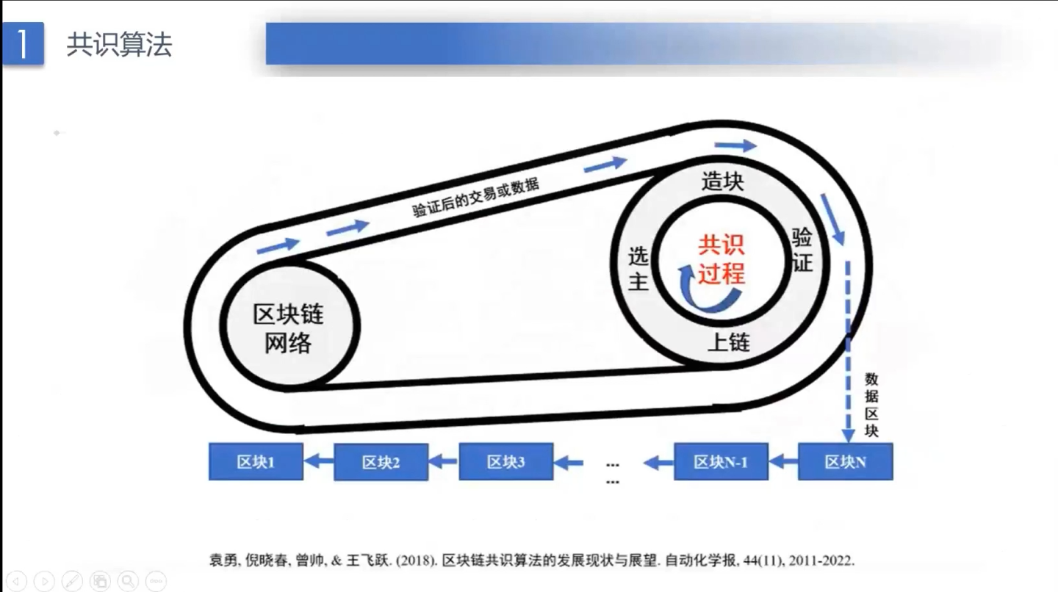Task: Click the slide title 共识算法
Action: [119, 45]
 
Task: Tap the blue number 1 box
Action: [23, 44]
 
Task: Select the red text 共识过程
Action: [721, 259]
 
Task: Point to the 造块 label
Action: [722, 181]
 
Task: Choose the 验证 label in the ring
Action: [802, 249]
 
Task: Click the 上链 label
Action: [728, 342]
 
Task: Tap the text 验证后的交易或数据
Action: [475, 197]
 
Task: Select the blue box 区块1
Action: [256, 462]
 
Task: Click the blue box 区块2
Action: [381, 463]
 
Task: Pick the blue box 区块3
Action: [505, 462]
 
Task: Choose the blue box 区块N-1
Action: [721, 462]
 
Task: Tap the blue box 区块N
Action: [845, 462]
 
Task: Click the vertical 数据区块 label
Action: [871, 405]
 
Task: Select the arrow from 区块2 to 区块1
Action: [320, 462]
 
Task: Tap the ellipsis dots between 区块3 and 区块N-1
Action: [613, 472]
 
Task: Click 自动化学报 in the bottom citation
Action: [697, 560]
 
